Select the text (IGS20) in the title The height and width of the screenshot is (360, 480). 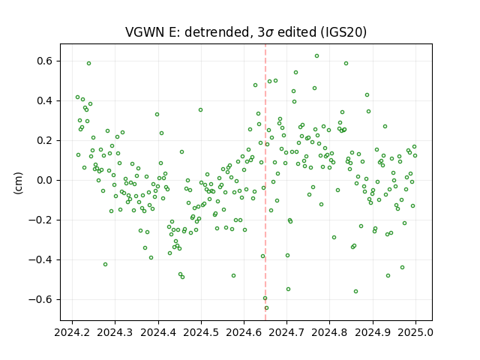[343, 32]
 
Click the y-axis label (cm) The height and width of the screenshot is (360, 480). [18, 183]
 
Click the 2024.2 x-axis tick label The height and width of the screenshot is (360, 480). [72, 332]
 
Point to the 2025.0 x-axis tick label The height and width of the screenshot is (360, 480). [415, 332]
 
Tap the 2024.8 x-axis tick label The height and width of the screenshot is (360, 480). [329, 332]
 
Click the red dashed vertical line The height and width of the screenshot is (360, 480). [265, 182]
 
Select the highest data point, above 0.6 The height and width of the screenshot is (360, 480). [316, 55]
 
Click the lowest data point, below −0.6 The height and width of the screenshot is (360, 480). [267, 308]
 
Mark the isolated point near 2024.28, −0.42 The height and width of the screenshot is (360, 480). [105, 264]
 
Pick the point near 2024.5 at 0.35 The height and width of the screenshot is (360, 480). [200, 110]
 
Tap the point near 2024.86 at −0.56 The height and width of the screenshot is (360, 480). [355, 292]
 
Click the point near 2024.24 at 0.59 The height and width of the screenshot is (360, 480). [88, 63]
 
